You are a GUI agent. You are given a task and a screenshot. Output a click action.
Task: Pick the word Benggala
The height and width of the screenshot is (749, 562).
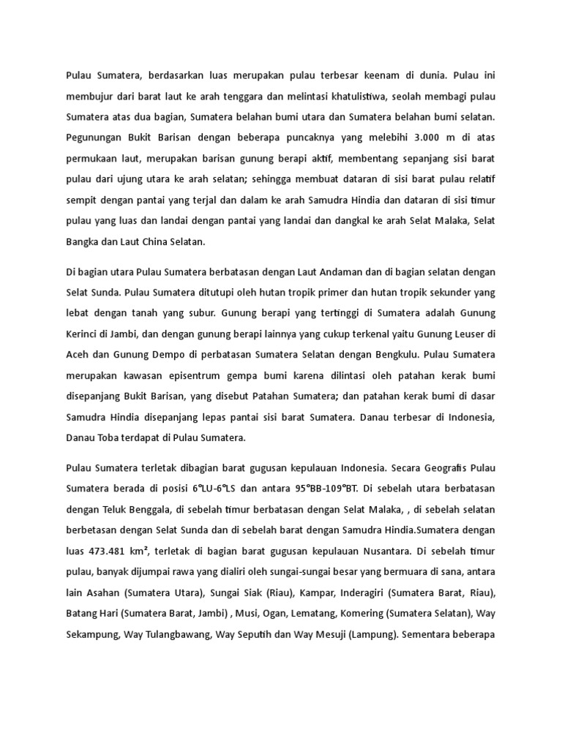pyautogui.click(x=151, y=507)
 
